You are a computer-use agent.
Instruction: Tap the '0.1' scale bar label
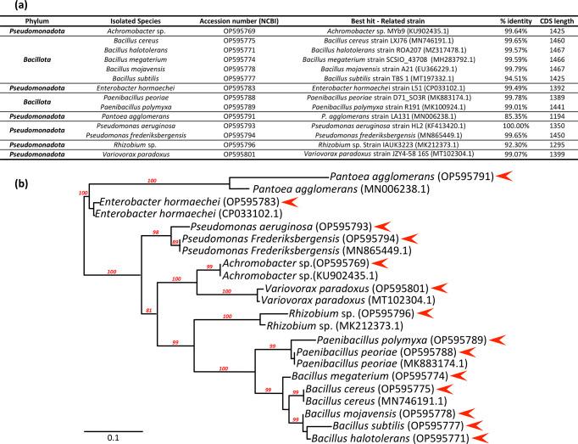(105, 439)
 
